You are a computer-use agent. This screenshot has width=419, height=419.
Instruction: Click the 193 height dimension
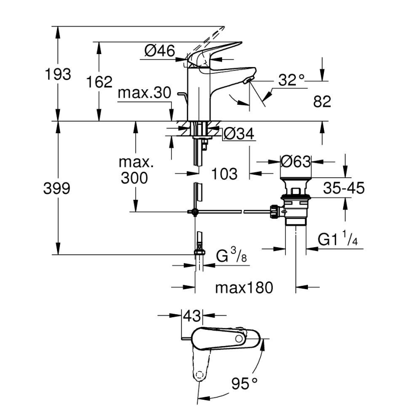point(57,75)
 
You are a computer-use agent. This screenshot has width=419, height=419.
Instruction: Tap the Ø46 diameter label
point(159,50)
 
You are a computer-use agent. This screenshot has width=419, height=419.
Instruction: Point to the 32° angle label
point(292,80)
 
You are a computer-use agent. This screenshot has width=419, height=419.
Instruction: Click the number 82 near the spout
point(322,102)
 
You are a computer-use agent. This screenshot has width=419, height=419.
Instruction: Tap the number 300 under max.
point(135,178)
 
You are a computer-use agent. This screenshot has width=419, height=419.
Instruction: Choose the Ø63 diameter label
point(296,161)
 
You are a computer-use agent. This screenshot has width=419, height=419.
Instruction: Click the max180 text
point(244,288)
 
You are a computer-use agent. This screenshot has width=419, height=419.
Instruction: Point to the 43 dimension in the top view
point(192,316)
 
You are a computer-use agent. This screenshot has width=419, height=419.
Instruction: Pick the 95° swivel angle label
point(244,384)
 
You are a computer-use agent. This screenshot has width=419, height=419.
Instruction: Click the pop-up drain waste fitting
point(294,203)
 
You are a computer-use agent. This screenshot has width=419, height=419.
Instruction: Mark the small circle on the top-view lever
point(239,340)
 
